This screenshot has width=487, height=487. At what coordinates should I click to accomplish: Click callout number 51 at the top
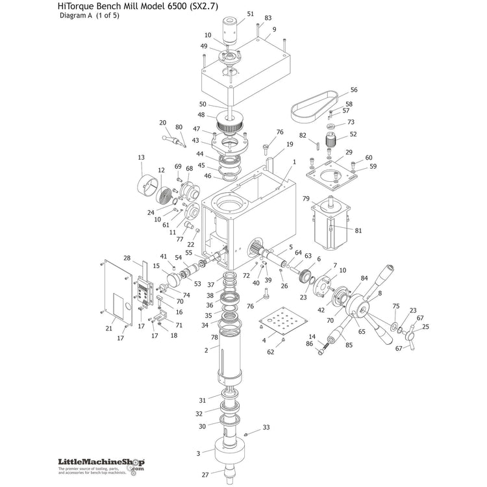tap(251, 14)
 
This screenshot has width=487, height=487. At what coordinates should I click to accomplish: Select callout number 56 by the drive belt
tap(354, 90)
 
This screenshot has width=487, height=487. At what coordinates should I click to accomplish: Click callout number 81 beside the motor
tap(358, 230)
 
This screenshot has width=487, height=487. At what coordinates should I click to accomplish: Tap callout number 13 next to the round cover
tap(141, 157)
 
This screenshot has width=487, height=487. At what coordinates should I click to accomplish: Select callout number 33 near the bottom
tap(266, 427)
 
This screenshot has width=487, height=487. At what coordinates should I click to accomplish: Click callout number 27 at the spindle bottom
tap(205, 474)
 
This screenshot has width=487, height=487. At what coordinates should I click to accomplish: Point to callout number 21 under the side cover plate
tap(109, 329)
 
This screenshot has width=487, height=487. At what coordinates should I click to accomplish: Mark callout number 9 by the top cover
tap(274, 29)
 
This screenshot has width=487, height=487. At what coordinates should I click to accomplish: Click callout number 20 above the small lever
tap(162, 122)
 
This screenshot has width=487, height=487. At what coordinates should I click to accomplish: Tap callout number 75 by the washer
tap(396, 306)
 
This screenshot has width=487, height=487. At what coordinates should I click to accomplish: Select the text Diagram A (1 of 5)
tap(90, 16)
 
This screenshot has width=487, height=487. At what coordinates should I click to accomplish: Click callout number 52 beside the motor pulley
tap(353, 134)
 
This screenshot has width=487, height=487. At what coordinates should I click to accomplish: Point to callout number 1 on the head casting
tap(294, 162)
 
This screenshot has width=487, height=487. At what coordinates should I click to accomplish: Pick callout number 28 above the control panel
tap(127, 258)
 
